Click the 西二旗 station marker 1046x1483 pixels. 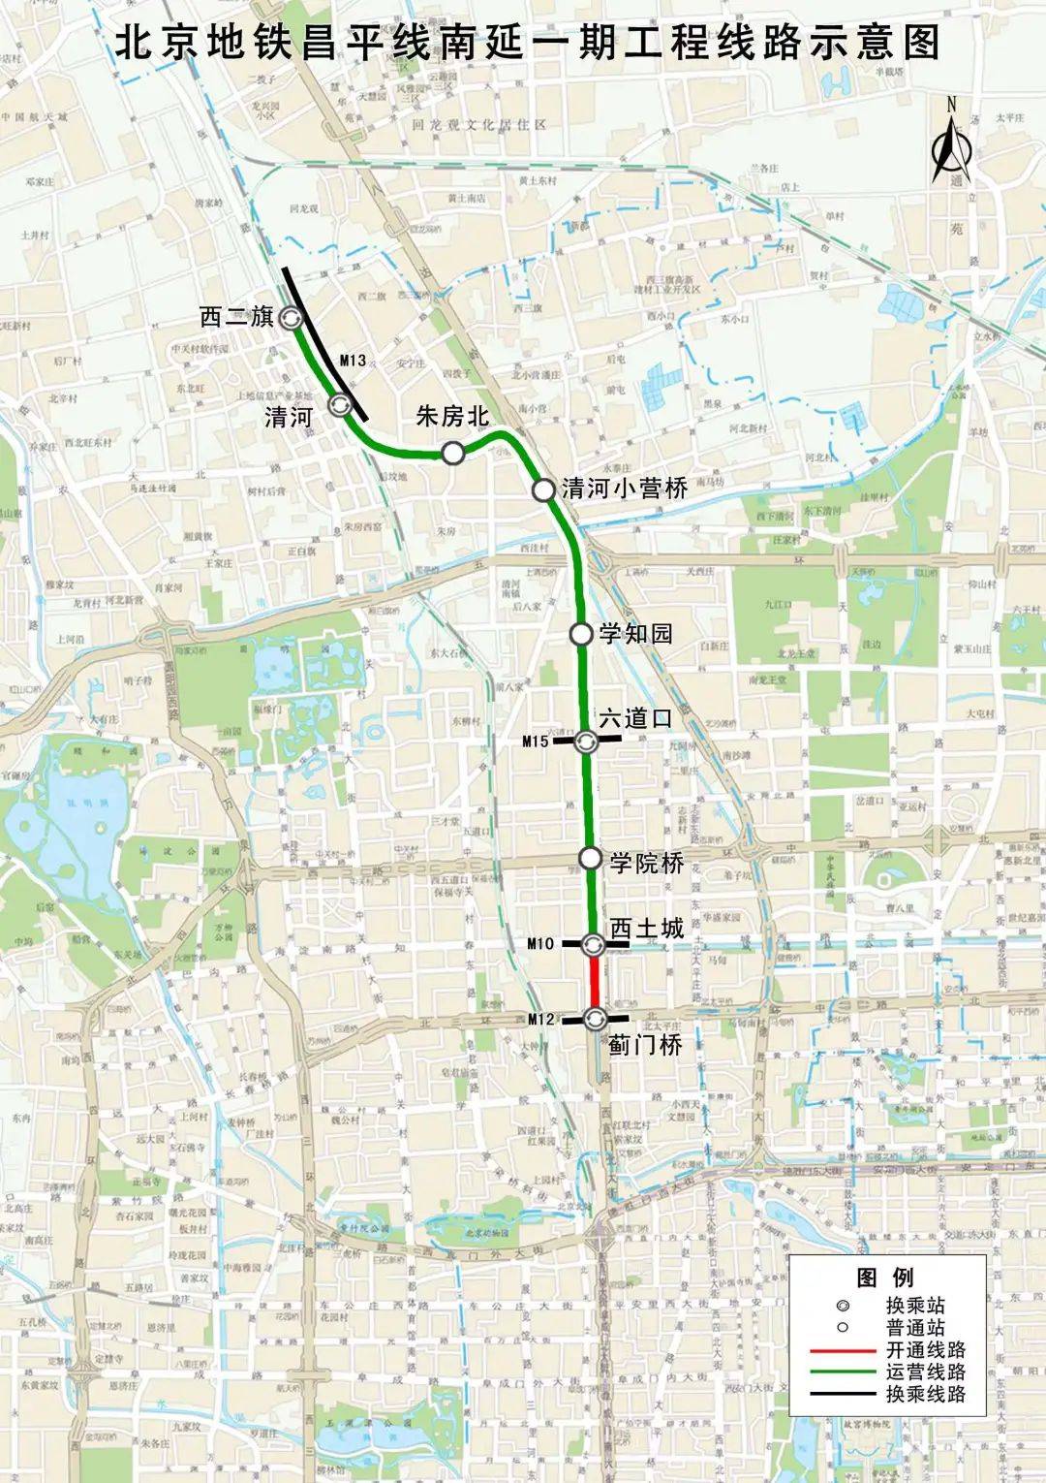[x=291, y=317]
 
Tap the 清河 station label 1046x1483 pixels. [x=288, y=418]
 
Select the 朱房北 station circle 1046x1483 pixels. [x=452, y=453]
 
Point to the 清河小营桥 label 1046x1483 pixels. [x=625, y=489]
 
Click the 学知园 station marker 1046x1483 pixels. [x=580, y=634]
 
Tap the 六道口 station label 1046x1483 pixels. [x=635, y=719]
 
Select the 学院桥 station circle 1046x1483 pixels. [x=590, y=858]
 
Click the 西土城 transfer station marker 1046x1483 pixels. [x=594, y=943]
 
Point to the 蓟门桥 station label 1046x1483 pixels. [x=644, y=1044]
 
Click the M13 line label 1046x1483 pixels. [x=353, y=361]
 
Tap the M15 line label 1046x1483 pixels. [x=535, y=741]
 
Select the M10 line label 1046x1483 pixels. [x=540, y=943]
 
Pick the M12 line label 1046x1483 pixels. [x=540, y=1019]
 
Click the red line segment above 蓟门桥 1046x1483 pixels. [x=594, y=981]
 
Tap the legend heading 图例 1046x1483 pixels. [x=885, y=1277]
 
